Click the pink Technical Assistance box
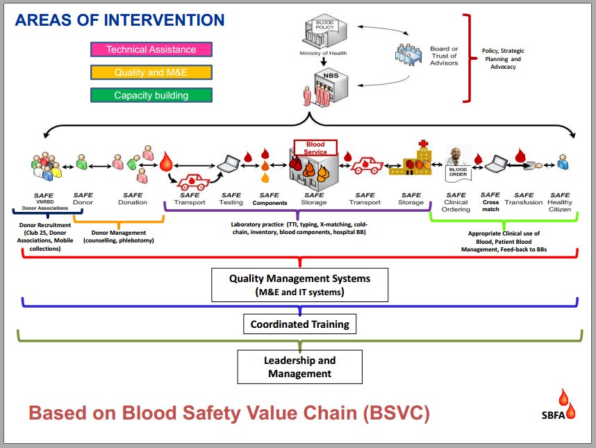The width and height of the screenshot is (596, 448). pyautogui.click(x=151, y=49)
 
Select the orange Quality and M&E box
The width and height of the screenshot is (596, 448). pyautogui.click(x=151, y=72)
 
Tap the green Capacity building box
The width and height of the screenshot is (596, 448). pyautogui.click(x=151, y=95)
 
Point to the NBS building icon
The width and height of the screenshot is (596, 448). pyautogui.click(x=321, y=88)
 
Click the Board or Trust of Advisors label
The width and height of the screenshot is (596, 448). pyautogui.click(x=444, y=56)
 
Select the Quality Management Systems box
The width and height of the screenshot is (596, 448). pyautogui.click(x=299, y=285)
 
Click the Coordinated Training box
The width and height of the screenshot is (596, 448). pyautogui.click(x=299, y=324)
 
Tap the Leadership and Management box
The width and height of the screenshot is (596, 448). pyautogui.click(x=299, y=367)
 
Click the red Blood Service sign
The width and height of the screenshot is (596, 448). pyautogui.click(x=315, y=148)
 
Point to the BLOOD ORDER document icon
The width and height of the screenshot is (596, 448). pyautogui.click(x=457, y=172)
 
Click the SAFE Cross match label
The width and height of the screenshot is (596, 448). pyautogui.click(x=490, y=201)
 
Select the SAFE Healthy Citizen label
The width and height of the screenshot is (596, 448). pyautogui.click(x=560, y=202)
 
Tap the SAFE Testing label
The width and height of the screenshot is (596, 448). pyautogui.click(x=231, y=199)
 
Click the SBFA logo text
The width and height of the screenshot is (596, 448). pyautogui.click(x=554, y=416)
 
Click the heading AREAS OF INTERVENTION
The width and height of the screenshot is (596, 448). pyautogui.click(x=119, y=19)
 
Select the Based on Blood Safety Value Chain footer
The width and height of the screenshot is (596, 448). pyautogui.click(x=229, y=413)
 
